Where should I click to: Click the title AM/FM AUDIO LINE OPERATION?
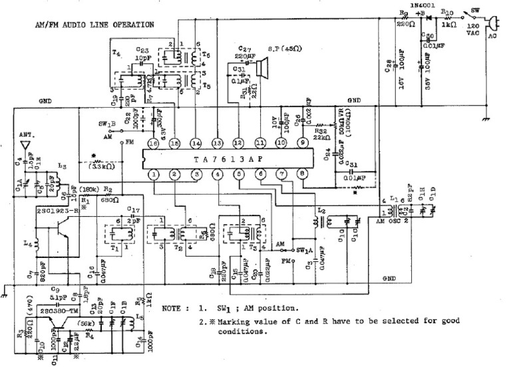pos(94,24)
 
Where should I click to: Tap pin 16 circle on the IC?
pos(154,143)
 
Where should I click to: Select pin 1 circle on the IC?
pos(154,174)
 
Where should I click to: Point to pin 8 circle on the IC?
pos(303,174)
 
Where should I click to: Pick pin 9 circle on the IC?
pos(303,143)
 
